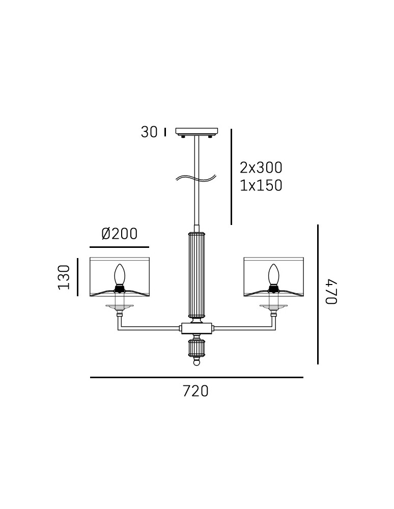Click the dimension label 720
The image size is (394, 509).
point(195,391)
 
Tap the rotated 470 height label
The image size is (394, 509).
point(331,292)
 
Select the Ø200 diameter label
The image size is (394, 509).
point(120,234)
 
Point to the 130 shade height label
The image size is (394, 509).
point(64,277)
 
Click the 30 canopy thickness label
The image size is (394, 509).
point(149,132)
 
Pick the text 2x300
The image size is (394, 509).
point(261,167)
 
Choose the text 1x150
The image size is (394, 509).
point(261,185)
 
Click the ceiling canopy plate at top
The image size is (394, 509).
point(196,131)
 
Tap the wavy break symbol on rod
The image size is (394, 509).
point(196,178)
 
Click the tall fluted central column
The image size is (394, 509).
point(196,275)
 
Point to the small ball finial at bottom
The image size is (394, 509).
point(196,362)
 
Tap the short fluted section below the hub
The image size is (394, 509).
point(196,348)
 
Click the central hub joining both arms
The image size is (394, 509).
point(196,328)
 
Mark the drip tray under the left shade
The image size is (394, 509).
point(120,306)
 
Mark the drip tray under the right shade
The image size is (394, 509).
point(274,306)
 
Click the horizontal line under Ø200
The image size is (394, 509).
point(120,247)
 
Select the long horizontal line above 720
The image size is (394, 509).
point(196,377)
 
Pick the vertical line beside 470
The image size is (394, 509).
point(318,294)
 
